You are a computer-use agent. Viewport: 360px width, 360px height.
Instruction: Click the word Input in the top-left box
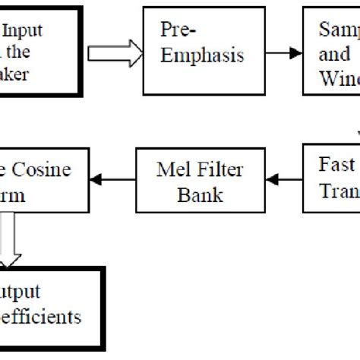24,31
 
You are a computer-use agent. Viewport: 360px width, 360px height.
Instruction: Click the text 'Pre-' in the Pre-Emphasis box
175,31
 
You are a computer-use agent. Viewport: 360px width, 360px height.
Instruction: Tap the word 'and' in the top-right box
331,55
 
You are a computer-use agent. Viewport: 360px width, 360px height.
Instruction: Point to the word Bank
200,195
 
